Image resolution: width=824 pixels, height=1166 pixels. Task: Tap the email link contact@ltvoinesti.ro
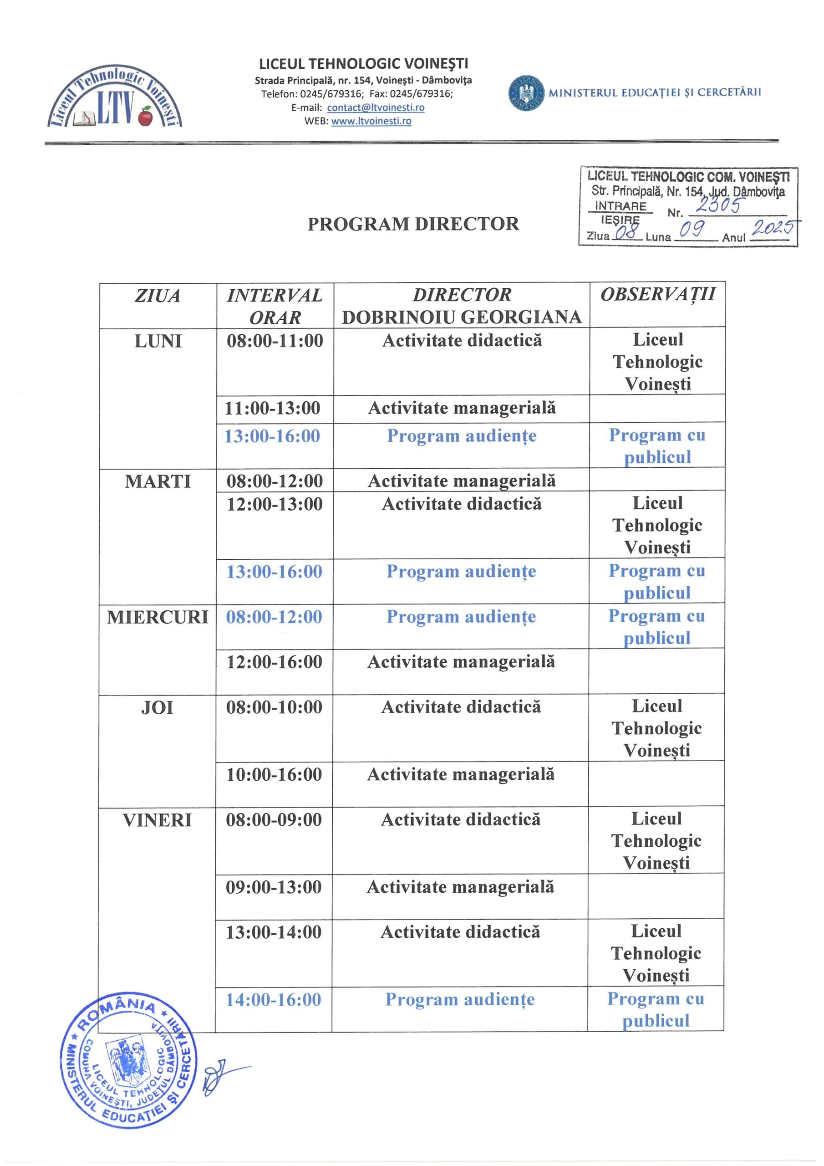click(376, 107)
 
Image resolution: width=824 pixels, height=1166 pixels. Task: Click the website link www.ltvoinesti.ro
click(371, 121)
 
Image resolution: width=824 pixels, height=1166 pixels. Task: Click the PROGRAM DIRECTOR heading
click(413, 224)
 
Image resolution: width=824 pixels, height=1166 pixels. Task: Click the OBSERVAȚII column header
click(658, 295)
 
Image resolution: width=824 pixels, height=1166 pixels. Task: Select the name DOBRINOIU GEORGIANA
click(462, 317)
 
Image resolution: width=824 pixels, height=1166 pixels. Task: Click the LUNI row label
click(158, 341)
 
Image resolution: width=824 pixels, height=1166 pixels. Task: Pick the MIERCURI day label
click(158, 618)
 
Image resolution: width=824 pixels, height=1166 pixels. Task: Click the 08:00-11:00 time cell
click(275, 341)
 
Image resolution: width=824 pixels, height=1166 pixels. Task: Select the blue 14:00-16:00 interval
click(274, 1000)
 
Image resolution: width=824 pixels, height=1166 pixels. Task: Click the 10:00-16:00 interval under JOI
click(274, 775)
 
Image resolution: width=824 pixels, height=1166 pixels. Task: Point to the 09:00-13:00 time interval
click(274, 888)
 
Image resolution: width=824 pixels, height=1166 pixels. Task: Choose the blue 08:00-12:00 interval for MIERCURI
click(274, 617)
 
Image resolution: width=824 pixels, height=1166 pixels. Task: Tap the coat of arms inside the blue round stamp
click(124, 1064)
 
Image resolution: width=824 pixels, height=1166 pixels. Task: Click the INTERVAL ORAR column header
click(275, 306)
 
